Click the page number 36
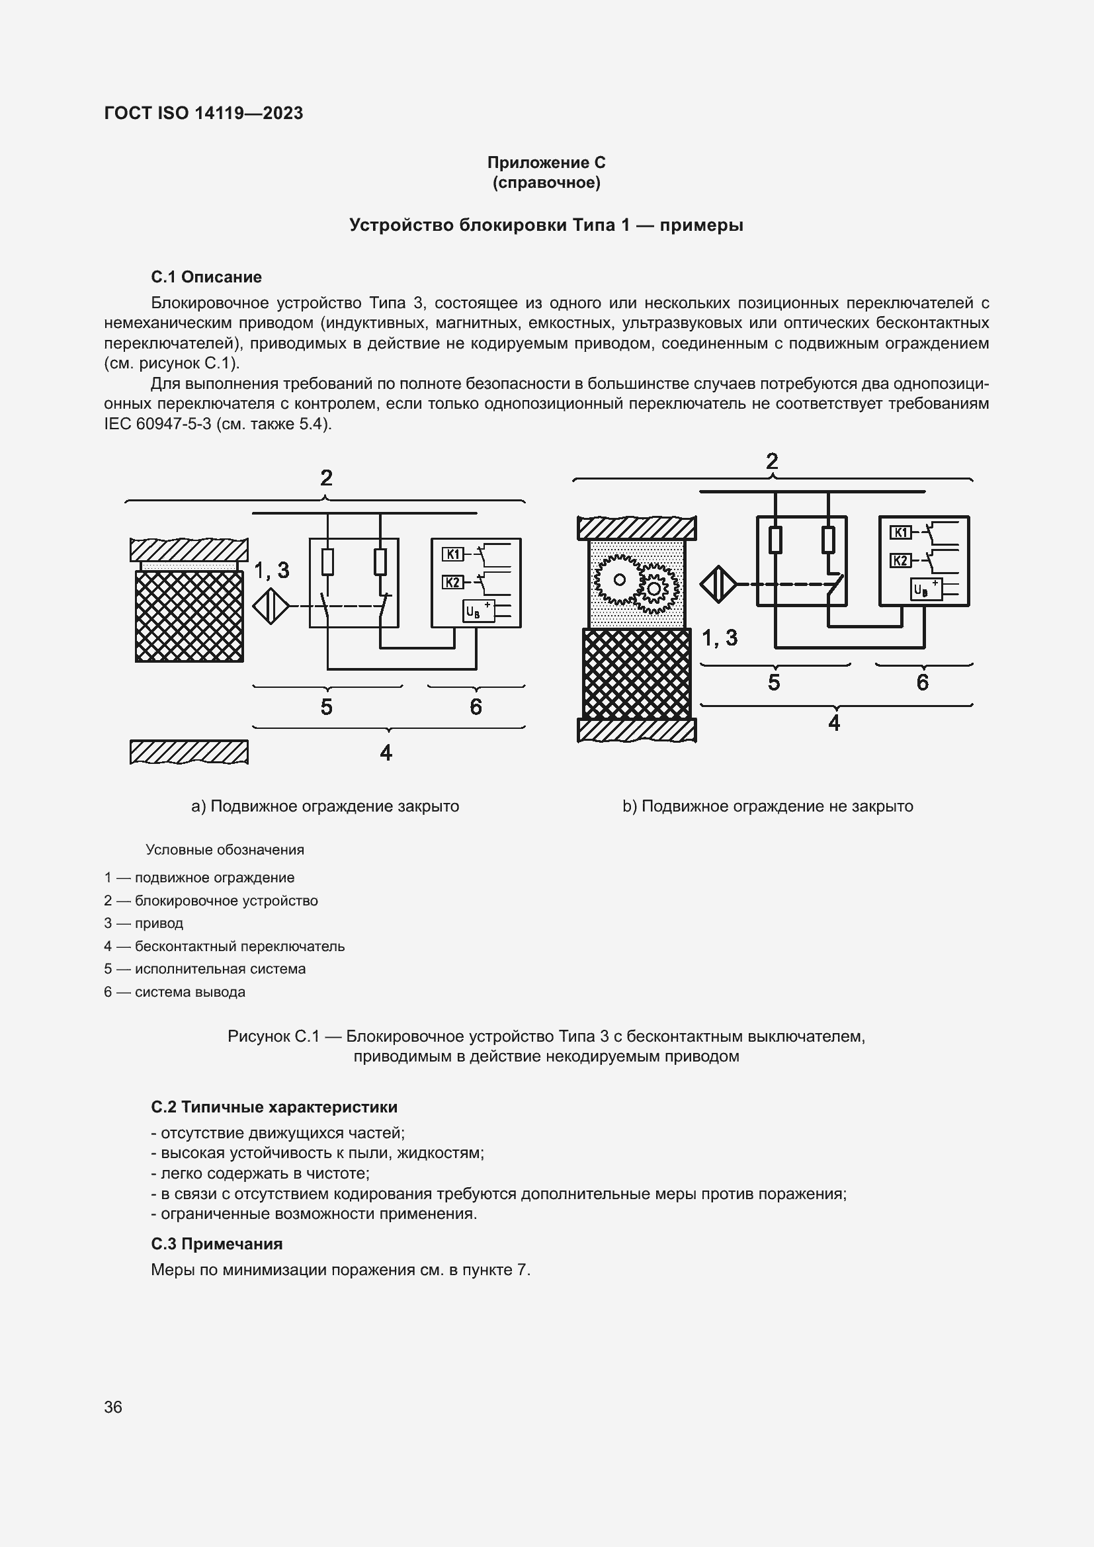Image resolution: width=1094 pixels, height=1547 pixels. tap(113, 1407)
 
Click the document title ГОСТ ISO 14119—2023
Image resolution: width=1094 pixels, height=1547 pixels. tap(204, 113)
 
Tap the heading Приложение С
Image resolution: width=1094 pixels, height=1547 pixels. tap(546, 163)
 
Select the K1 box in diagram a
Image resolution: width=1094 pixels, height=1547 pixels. tap(452, 554)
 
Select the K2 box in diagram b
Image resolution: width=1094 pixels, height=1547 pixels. tap(901, 561)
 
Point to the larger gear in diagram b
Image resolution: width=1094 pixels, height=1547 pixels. tap(619, 579)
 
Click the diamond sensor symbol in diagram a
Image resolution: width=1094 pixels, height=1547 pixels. tap(271, 606)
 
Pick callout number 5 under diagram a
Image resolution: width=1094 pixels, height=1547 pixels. tap(327, 707)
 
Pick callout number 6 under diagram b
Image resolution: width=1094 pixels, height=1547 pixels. tap(923, 683)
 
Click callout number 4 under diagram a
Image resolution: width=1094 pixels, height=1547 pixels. tap(386, 753)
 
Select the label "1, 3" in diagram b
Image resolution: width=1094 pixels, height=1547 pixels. tap(720, 638)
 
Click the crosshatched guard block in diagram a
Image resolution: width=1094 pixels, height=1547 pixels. tap(189, 616)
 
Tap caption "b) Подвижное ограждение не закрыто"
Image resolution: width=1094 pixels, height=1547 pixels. tap(767, 806)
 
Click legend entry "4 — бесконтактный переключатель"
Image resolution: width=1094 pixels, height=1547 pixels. tap(224, 946)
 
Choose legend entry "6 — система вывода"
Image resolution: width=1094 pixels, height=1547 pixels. tap(175, 992)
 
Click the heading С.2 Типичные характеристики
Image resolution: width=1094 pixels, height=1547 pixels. tap(274, 1107)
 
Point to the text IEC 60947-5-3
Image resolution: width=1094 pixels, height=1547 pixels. tap(157, 424)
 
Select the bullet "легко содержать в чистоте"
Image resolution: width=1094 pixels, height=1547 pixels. tap(260, 1173)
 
